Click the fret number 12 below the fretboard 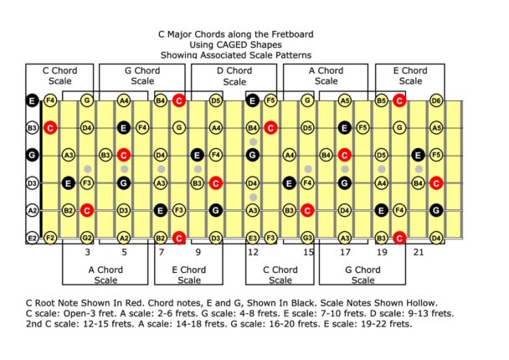[252, 251]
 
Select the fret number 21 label [417, 251]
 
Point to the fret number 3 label [87, 251]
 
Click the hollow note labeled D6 [435, 100]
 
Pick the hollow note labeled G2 [86, 239]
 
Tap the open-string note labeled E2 [32, 239]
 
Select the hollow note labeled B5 [381, 100]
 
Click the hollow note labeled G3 [307, 239]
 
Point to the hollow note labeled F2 [50, 239]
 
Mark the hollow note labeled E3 [252, 239]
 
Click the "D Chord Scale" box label [234, 76]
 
